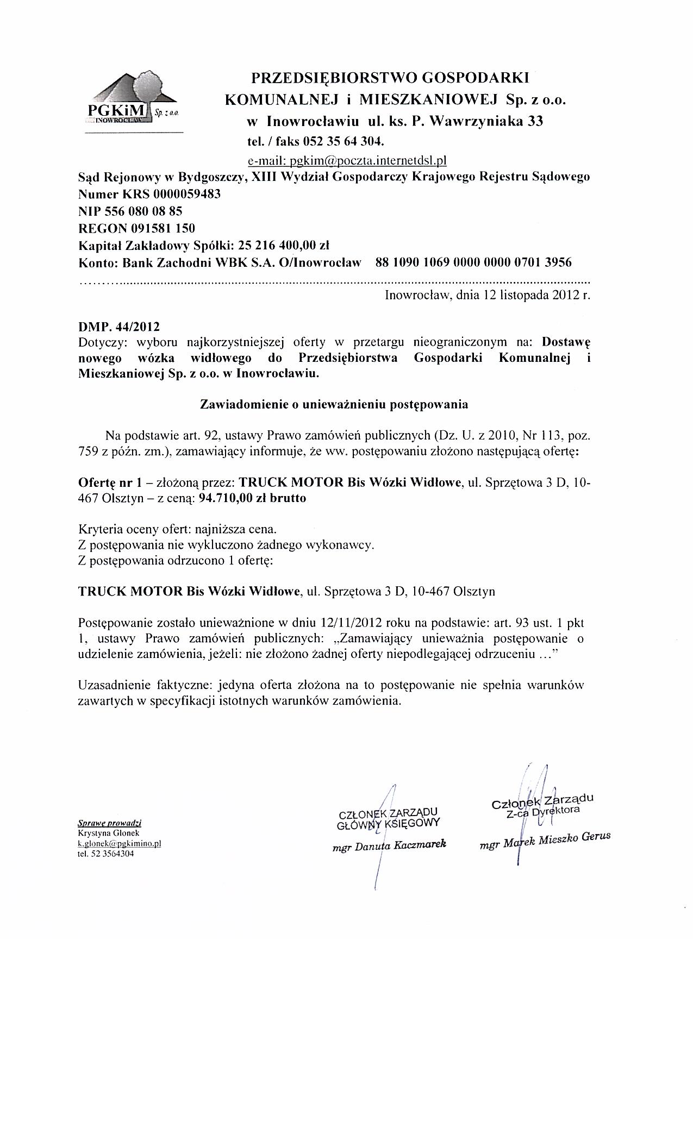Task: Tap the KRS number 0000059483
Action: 188,194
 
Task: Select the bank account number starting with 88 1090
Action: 473,262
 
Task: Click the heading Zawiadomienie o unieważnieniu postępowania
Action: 334,404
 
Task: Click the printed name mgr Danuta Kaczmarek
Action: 389,846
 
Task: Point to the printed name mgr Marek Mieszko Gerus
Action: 545,841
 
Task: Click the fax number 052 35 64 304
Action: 344,142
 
